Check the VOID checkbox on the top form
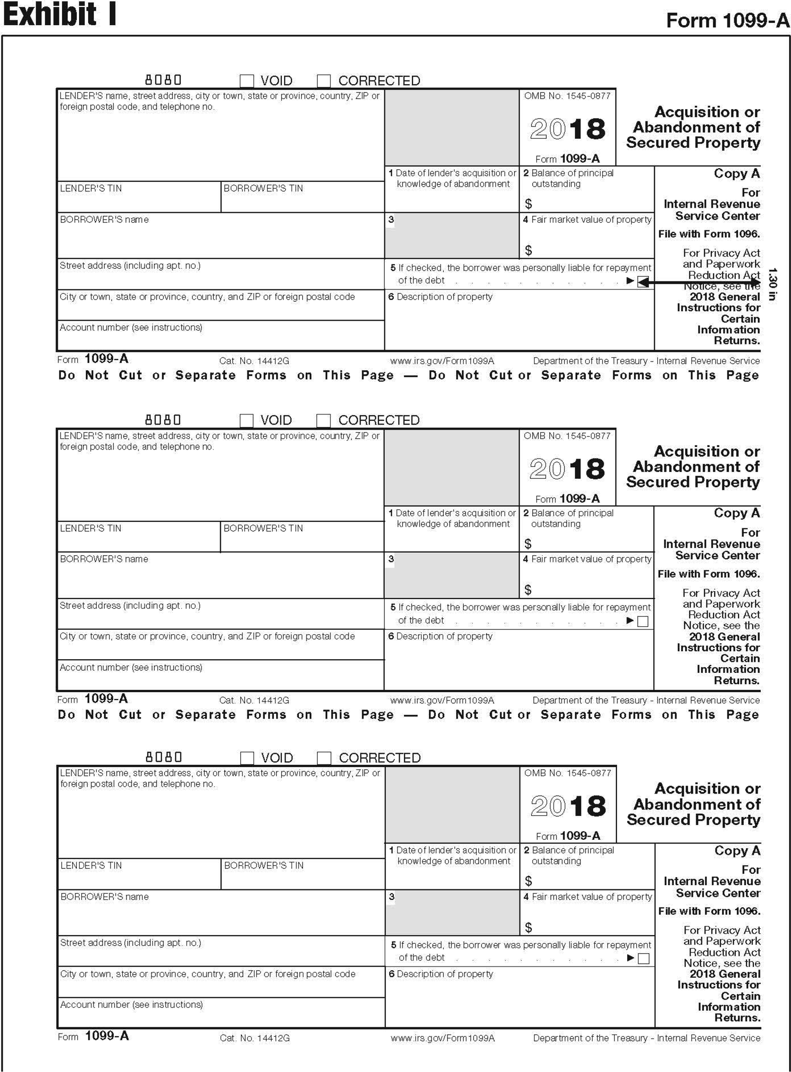(x=247, y=80)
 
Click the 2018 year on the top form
(x=567, y=129)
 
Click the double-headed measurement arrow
(x=699, y=282)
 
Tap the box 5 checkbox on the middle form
(x=643, y=621)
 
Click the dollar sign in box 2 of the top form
(x=528, y=204)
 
